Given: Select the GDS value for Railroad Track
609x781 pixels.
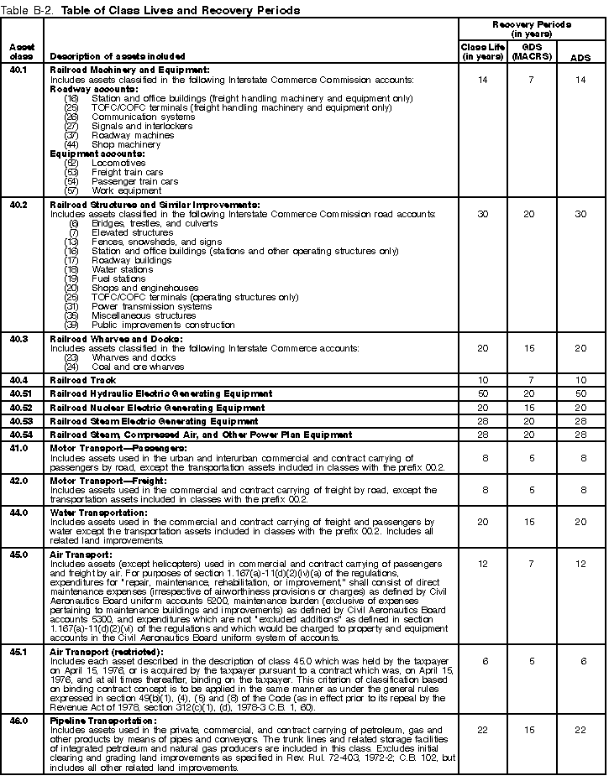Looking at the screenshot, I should (530, 380).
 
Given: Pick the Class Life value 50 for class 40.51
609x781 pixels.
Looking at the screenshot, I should (482, 393).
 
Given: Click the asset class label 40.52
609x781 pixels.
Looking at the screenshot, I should (20, 407).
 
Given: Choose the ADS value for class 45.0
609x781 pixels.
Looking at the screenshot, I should (579, 564).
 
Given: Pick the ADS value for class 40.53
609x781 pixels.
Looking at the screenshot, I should (579, 420).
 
